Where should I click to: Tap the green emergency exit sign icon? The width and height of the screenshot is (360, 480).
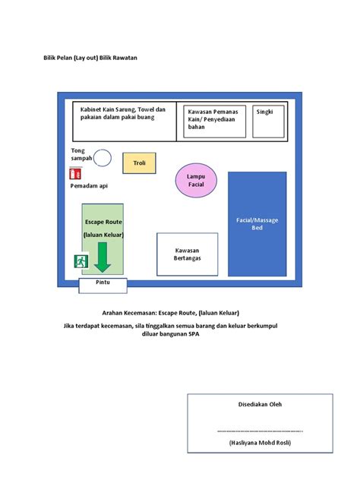tap(81, 261)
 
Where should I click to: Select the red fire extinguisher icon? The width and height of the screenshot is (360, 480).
tap(74, 172)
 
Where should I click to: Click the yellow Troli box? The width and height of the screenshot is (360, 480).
tap(139, 163)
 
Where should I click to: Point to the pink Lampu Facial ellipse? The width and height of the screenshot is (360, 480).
tap(196, 181)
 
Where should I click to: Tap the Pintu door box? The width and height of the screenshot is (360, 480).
tap(103, 285)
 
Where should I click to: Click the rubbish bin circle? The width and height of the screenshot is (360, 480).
tap(103, 158)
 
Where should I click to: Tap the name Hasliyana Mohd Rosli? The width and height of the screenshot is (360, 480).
tap(260, 442)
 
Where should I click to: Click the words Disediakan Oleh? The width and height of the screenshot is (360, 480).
tap(260, 403)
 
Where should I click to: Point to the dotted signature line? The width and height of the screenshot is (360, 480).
tap(260, 430)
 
